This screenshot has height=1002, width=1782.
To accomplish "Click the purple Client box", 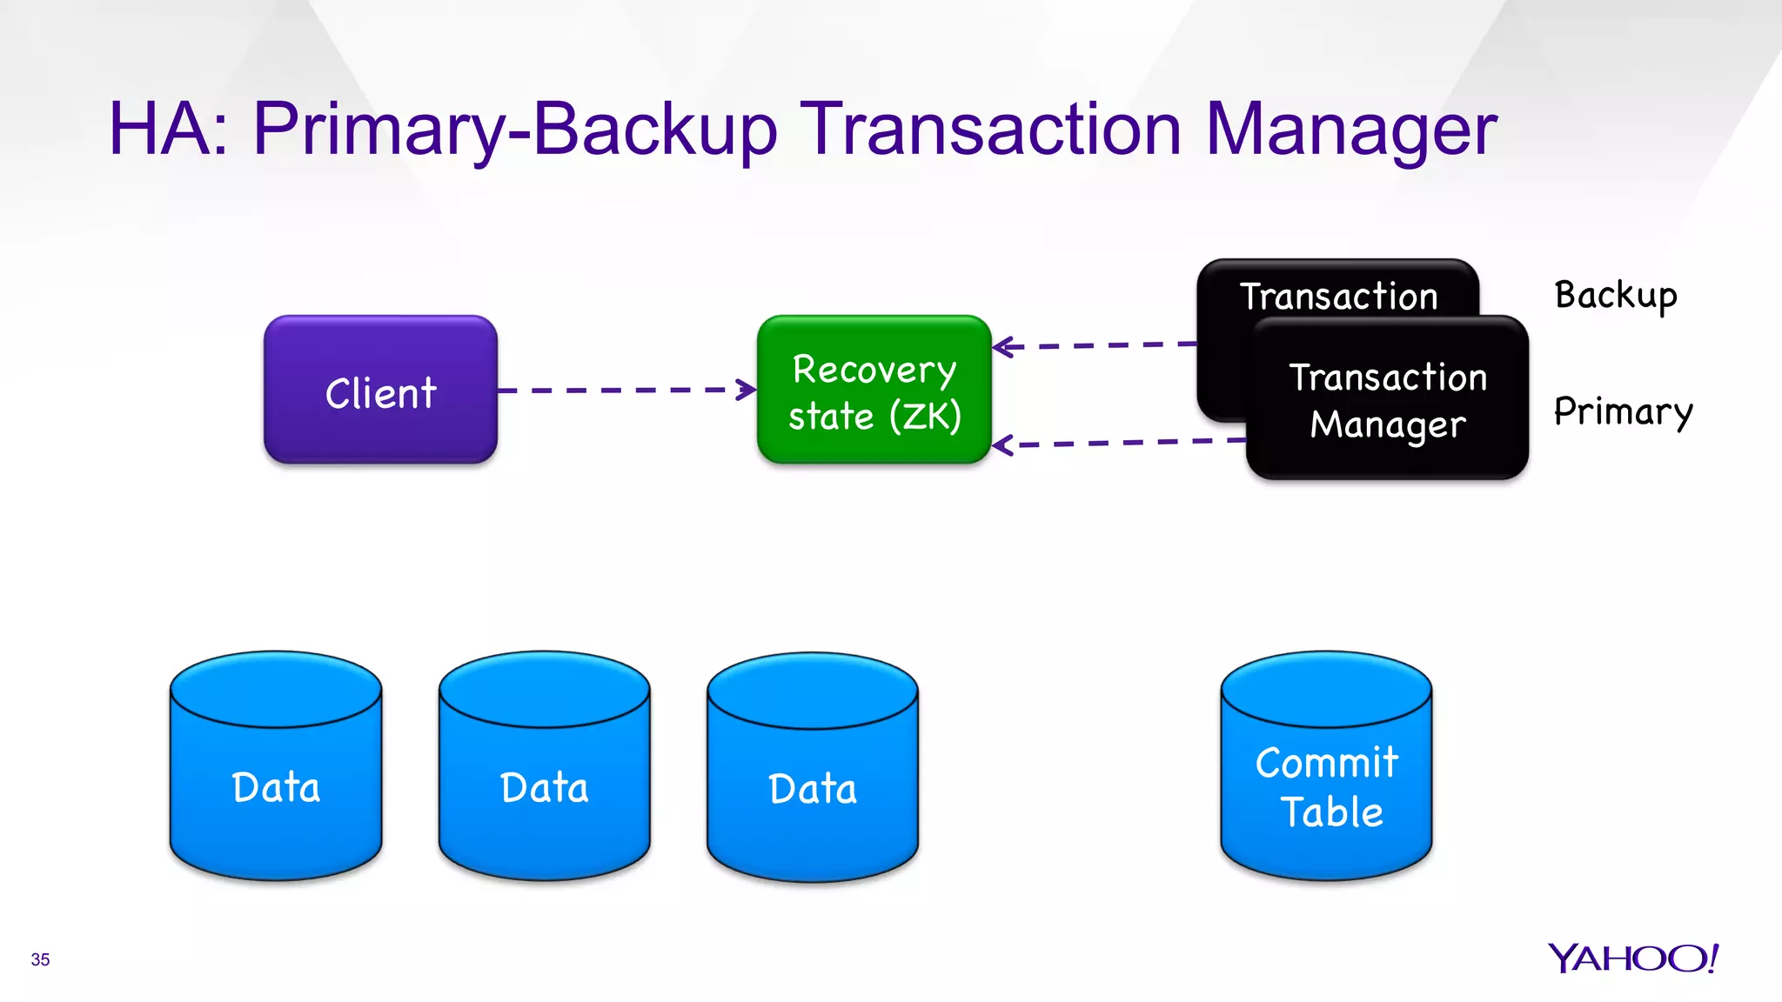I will click(380, 391).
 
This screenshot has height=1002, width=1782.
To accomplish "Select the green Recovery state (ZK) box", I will click(874, 391).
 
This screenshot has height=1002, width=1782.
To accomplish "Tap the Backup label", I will click(1615, 296).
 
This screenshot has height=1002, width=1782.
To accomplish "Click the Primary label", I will click(1623, 411).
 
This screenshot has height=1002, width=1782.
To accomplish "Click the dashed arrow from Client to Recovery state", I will click(626, 390).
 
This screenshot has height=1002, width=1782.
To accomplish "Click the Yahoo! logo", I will click(1632, 958).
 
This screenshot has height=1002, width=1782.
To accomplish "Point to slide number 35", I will click(40, 959).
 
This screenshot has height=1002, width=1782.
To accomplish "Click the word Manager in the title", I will click(1350, 130).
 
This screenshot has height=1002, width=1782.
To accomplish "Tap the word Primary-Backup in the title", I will click(513, 130).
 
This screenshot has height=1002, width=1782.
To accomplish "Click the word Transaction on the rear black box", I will click(1338, 297).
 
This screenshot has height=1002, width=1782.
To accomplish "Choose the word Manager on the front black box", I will click(1388, 425).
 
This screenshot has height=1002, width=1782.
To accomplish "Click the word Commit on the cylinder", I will click(1326, 763).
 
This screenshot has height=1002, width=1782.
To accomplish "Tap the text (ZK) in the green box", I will click(925, 416).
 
